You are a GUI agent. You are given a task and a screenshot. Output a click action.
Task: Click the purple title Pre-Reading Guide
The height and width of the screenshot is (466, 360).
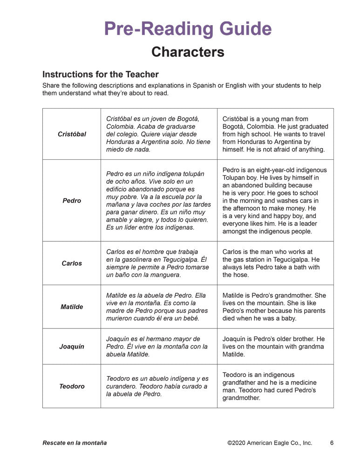[188, 29]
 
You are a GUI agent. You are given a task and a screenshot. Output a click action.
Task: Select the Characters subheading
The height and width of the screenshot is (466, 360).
[188, 52]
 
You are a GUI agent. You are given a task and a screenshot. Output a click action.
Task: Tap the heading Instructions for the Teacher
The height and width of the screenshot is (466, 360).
[101, 74]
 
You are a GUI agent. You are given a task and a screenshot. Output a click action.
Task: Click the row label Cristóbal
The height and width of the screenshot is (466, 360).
[72, 134]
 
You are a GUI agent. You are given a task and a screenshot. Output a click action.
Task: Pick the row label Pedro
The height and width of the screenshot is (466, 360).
[72, 200]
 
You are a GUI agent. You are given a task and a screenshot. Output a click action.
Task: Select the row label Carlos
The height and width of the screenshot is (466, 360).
[72, 263]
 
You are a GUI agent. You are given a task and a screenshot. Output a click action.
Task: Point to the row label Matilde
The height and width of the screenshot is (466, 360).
[72, 307]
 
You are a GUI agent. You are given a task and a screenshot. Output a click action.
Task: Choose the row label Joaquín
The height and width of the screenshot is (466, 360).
[72, 347]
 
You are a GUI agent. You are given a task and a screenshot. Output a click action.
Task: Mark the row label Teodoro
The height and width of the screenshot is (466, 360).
[72, 386]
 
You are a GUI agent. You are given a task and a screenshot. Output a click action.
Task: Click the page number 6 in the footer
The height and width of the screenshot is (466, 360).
[332, 443]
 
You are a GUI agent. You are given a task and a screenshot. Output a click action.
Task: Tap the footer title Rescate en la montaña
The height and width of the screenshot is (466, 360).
[75, 443]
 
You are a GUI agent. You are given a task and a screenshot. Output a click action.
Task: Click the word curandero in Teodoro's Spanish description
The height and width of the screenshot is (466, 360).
[123, 386]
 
